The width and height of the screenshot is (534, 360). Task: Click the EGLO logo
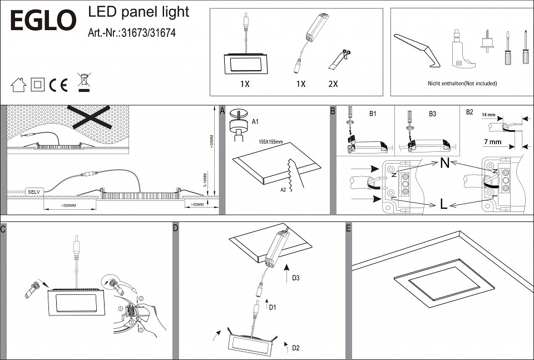[43, 21]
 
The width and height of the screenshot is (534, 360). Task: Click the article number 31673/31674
[132, 33]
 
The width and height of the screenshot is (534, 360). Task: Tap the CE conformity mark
[58, 85]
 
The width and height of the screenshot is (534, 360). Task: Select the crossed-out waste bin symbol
[84, 82]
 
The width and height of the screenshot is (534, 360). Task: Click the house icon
[18, 85]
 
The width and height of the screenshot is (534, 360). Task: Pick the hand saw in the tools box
[417, 48]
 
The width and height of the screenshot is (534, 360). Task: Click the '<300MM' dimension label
[68, 205]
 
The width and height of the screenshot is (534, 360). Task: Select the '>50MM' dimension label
[197, 205]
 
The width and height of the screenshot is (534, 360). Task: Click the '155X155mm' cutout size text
[271, 142]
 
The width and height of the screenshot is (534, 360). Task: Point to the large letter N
[444, 164]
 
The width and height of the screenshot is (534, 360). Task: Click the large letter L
[443, 204]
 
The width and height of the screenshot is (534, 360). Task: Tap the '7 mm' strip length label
[492, 142]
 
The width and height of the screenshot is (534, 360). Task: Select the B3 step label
[432, 114]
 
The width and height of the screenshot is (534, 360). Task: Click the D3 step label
[296, 277]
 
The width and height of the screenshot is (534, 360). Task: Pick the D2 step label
[295, 348]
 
